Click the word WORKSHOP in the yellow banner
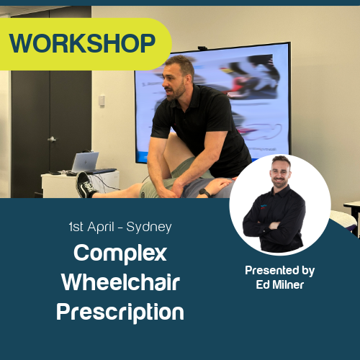click(x=83, y=44)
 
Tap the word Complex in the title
click(x=120, y=253)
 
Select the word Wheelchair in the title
click(x=120, y=282)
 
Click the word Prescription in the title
click(x=120, y=312)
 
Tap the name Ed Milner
click(x=279, y=284)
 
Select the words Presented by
click(x=279, y=271)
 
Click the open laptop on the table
click(x=85, y=162)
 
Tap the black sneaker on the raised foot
click(x=86, y=185)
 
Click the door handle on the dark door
click(x=51, y=138)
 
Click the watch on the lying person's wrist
click(x=205, y=193)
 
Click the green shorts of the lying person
click(x=162, y=184)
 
